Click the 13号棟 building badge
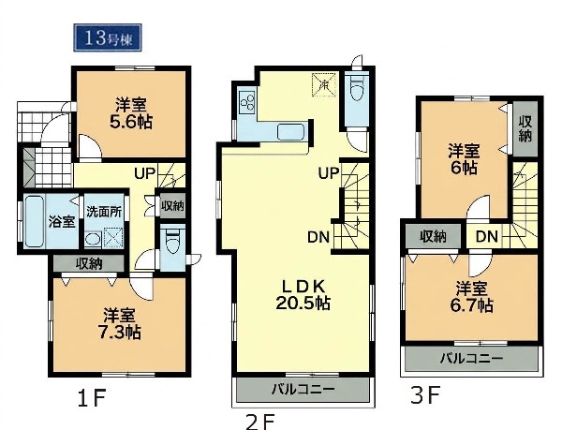click(x=108, y=37)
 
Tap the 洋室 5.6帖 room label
click(x=131, y=113)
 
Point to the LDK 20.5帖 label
click(x=303, y=295)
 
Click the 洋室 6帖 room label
click(x=464, y=158)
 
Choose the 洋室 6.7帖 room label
click(x=471, y=297)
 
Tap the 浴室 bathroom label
click(x=62, y=222)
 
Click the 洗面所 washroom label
click(x=104, y=212)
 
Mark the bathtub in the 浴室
click(x=35, y=221)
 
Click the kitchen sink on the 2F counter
click(x=291, y=132)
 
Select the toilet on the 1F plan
click(x=172, y=241)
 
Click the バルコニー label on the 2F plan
click(x=303, y=389)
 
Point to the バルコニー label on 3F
click(x=471, y=358)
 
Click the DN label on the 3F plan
click(x=487, y=236)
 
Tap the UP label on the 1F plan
click(x=145, y=173)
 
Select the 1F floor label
click(x=92, y=397)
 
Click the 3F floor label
click(x=425, y=394)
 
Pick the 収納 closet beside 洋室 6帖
click(x=525, y=129)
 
